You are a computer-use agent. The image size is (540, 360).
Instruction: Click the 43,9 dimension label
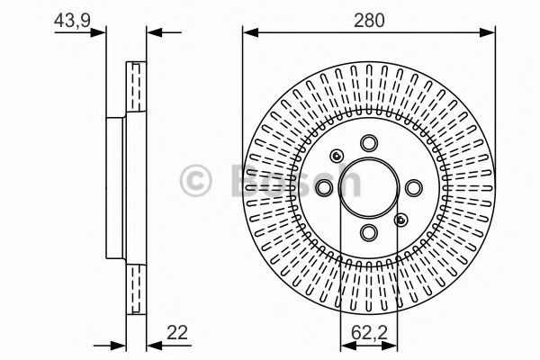click(x=72, y=21)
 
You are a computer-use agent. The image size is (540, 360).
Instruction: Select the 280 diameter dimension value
click(x=369, y=21)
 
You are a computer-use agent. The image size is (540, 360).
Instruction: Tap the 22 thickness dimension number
click(x=177, y=333)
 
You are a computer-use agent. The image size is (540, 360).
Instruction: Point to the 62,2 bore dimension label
click(x=369, y=333)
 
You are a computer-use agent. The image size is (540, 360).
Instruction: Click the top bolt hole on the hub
click(x=369, y=143)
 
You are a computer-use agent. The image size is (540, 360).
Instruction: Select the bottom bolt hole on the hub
click(x=369, y=232)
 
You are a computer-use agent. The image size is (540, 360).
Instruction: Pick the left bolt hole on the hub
click(x=324, y=188)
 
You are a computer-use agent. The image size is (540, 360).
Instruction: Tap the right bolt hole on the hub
click(x=414, y=188)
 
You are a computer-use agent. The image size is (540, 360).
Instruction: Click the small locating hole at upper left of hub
click(x=337, y=156)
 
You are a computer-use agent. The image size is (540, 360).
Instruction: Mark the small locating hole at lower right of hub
click(x=400, y=220)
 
